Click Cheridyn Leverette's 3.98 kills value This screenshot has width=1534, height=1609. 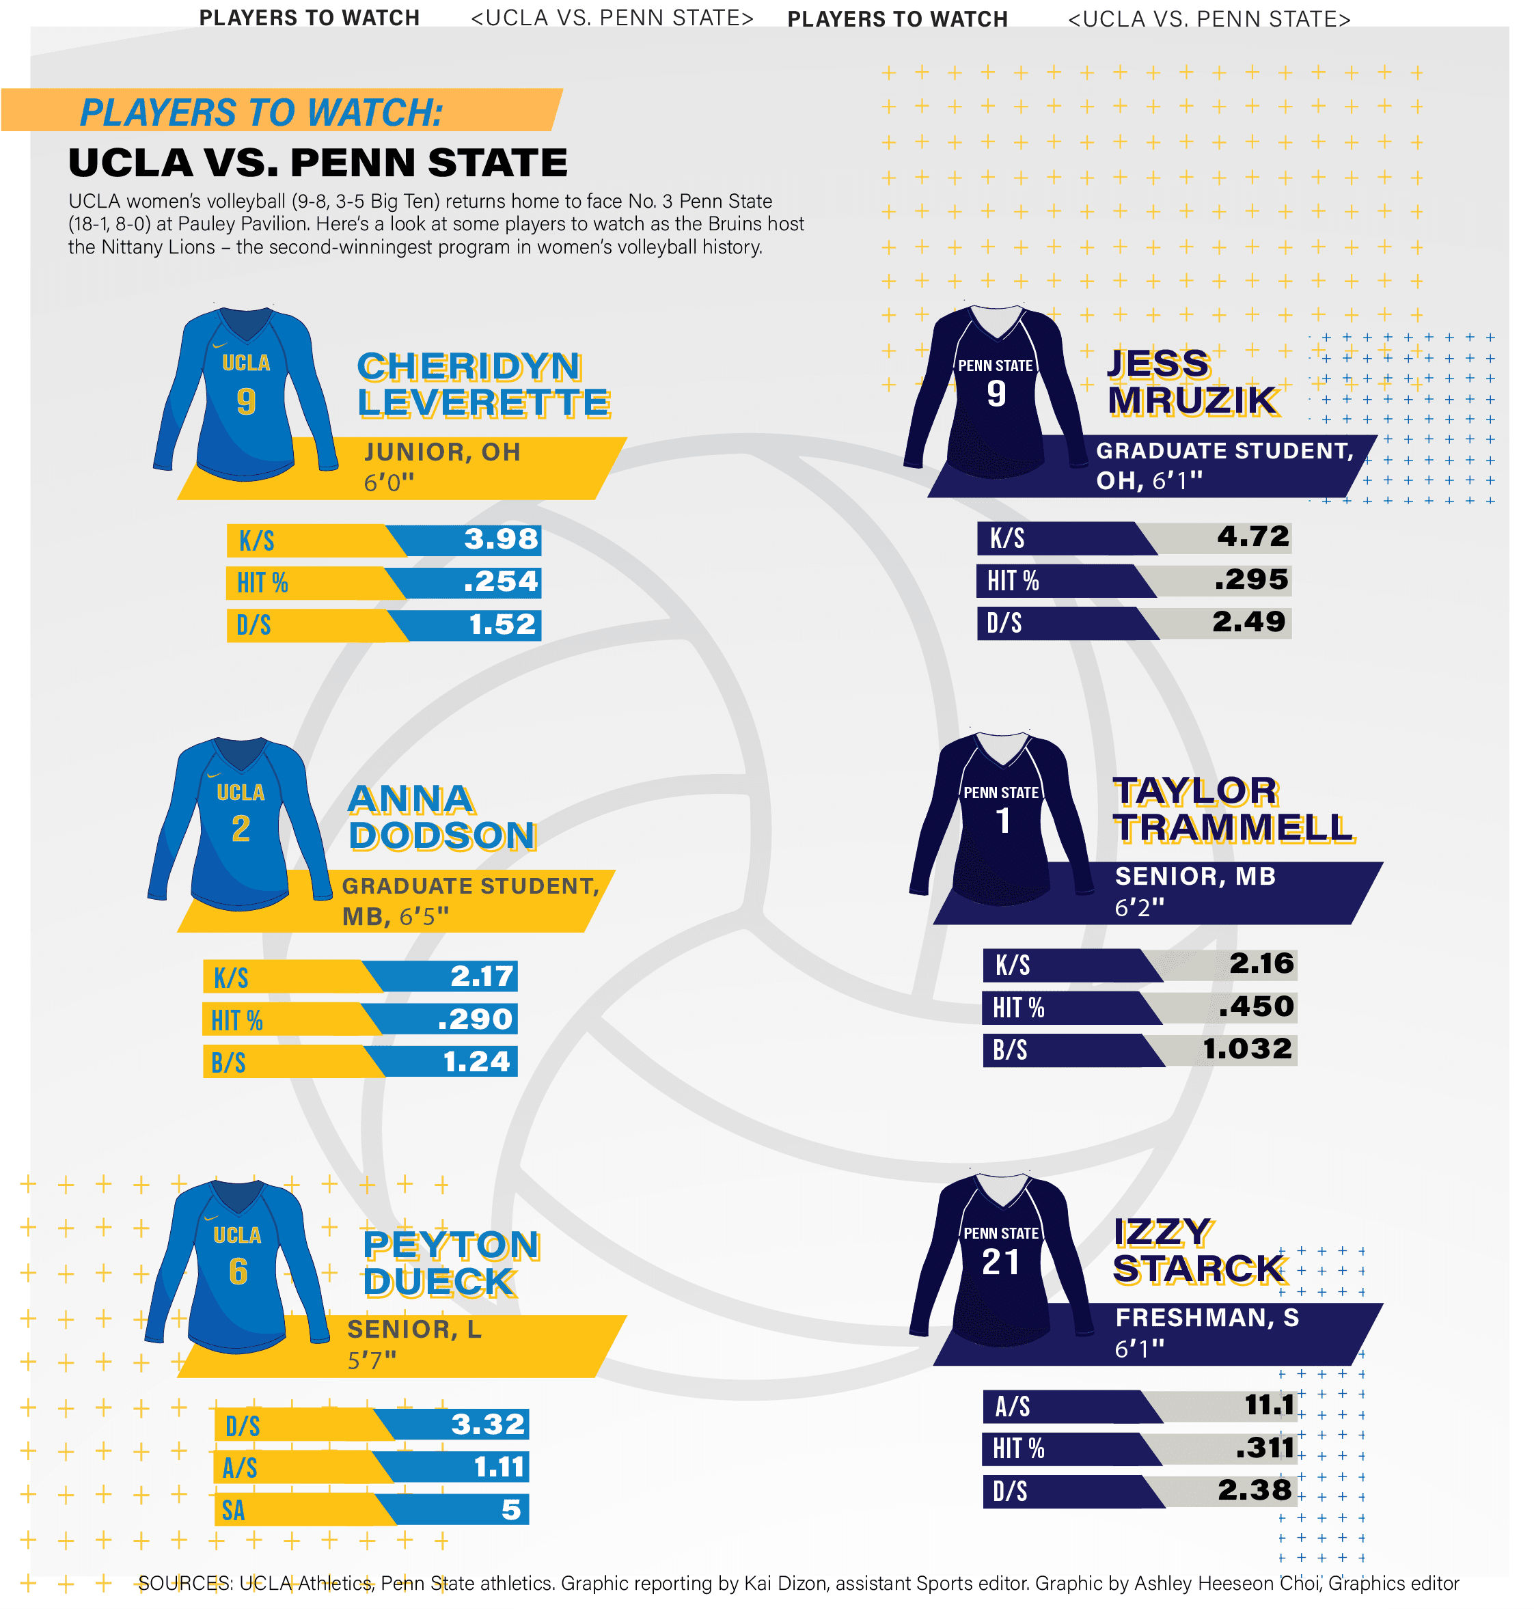point(500,539)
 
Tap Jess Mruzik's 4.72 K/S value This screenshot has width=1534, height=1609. point(1252,536)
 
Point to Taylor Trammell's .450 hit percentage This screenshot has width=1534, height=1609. point(1255,1006)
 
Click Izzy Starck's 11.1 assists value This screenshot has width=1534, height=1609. point(1268,1405)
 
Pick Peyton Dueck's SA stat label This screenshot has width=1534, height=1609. point(233,1510)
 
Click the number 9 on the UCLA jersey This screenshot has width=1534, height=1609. point(245,402)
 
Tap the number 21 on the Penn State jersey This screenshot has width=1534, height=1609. point(1000,1263)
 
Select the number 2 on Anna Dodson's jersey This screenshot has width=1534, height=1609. point(241,829)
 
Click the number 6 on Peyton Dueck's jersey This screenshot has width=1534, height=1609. point(238,1271)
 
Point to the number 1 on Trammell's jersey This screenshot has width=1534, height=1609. point(1002,821)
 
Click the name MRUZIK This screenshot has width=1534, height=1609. point(1192,400)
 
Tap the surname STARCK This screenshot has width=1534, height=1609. point(1198,1269)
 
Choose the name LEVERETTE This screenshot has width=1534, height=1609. point(483,403)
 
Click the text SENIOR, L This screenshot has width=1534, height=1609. point(414,1330)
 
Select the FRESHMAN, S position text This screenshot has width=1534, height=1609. point(1206,1318)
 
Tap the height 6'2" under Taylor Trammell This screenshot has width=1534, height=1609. point(1139,907)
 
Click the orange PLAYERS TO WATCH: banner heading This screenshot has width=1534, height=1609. point(261,113)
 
